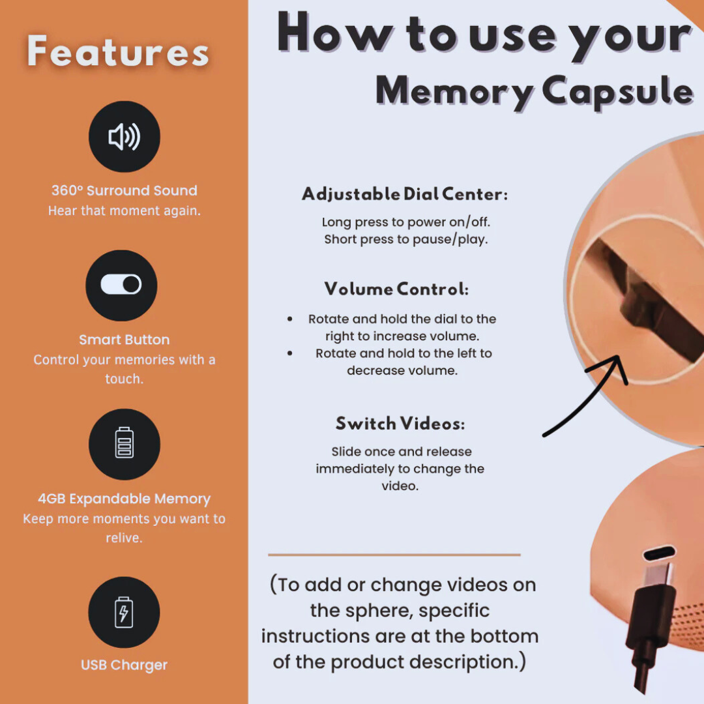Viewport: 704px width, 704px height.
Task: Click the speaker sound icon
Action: [x=125, y=136]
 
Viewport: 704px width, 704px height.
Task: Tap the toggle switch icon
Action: [x=121, y=285]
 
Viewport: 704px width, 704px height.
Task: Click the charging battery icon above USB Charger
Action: [x=124, y=612]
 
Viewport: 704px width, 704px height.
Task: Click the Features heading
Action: [x=118, y=51]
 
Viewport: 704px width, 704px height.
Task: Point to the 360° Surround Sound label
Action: [x=125, y=190]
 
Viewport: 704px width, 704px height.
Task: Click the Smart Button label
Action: [x=125, y=340]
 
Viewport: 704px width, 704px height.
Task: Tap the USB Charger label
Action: [x=124, y=665]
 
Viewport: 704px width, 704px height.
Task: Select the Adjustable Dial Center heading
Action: [x=405, y=194]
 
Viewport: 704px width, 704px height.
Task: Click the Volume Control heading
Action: [x=396, y=289]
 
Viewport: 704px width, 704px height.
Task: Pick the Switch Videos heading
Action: [x=400, y=424]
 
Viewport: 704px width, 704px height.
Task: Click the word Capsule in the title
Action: [x=618, y=92]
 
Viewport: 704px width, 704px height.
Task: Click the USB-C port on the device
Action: [x=659, y=553]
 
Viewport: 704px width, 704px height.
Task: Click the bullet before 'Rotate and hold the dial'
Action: [x=290, y=319]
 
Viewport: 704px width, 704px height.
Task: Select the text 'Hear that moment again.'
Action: [x=125, y=211]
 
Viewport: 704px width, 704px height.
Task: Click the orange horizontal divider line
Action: [x=394, y=555]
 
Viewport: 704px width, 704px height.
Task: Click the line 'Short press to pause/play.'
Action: [x=406, y=239]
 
